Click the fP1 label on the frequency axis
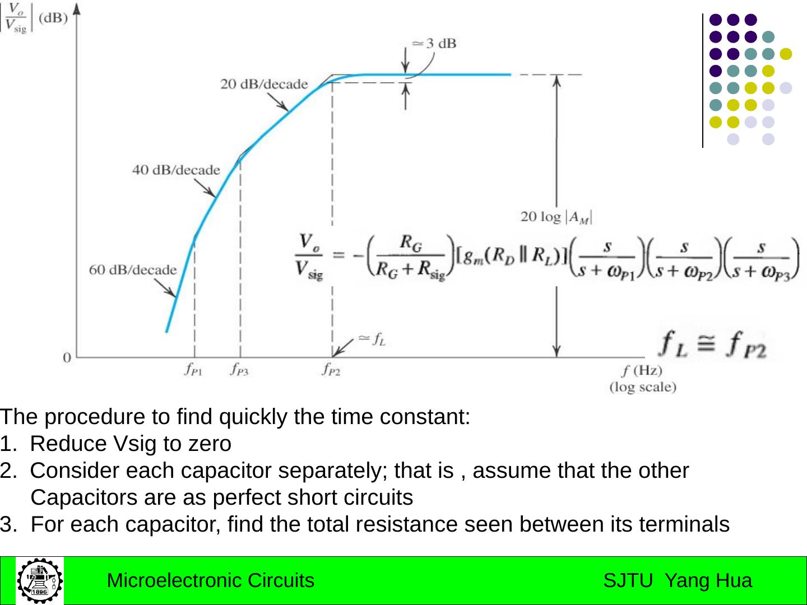tap(193, 370)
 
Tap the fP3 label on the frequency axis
tap(239, 370)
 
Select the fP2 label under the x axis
tap(331, 370)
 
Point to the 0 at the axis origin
tap(67, 357)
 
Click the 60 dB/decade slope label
tap(132, 270)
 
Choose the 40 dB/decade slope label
tap(176, 170)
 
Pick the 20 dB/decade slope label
tap(264, 84)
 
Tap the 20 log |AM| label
tap(556, 216)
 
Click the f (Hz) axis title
tap(642, 370)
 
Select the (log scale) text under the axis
tap(643, 387)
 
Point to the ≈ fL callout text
tap(372, 339)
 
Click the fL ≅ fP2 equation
tap(712, 344)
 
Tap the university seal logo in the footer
tap(39, 580)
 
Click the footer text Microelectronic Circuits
tap(210, 580)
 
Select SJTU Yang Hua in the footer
tap(678, 580)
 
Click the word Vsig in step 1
tap(135, 444)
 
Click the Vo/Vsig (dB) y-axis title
tap(34, 19)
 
